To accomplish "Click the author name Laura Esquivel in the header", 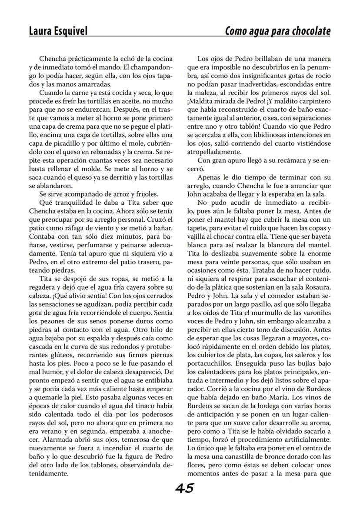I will tap(58, 31).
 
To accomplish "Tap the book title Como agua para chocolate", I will tap(277, 31).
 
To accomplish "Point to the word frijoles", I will tap(144, 194).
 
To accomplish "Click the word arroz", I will tap(118, 194).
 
